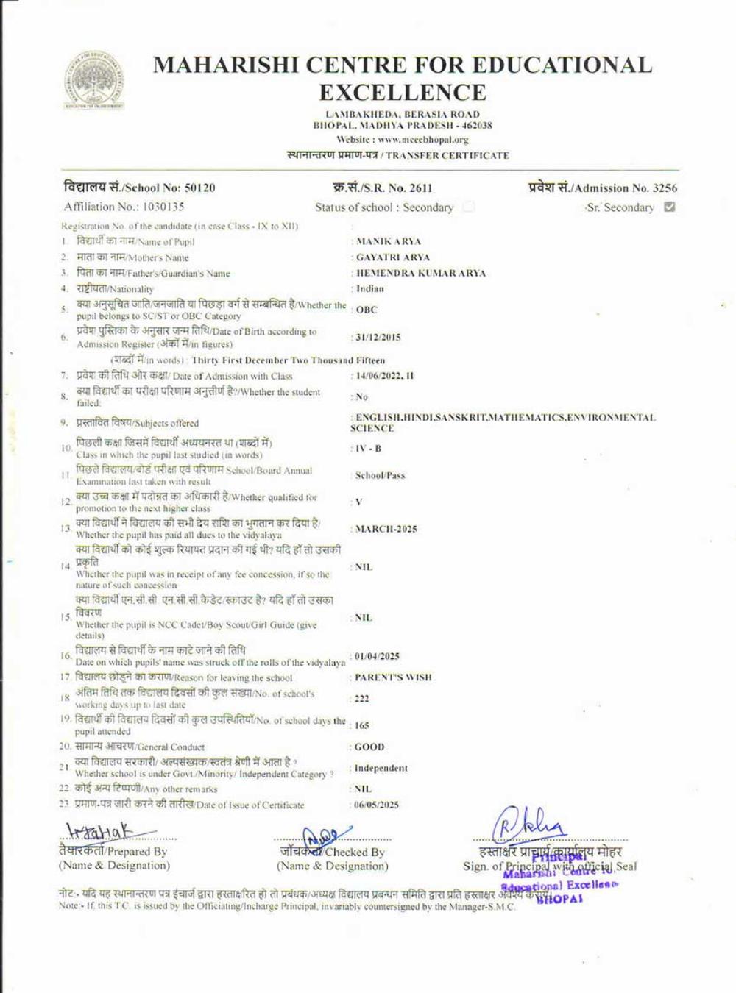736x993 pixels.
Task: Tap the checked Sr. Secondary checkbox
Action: pos(669,207)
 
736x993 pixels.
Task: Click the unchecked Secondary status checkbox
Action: pos(469,207)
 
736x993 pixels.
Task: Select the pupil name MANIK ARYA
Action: pos(389,241)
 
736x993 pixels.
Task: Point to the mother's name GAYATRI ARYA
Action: pos(393,257)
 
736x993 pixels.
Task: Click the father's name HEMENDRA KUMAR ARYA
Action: pos(421,273)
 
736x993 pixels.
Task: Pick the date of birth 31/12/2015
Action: pos(378,338)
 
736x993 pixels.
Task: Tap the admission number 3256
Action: pos(662,188)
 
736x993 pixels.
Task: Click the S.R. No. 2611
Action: pos(419,188)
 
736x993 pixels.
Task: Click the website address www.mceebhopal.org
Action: pos(423,140)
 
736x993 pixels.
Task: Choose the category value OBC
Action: pos(367,310)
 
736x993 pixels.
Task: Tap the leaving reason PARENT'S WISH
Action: pos(393,677)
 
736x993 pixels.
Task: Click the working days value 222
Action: pos(361,699)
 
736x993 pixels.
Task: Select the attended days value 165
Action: pos(361,725)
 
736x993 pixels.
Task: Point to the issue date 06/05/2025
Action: pos(376,805)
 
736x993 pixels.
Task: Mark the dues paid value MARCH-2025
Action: pos(386,529)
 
